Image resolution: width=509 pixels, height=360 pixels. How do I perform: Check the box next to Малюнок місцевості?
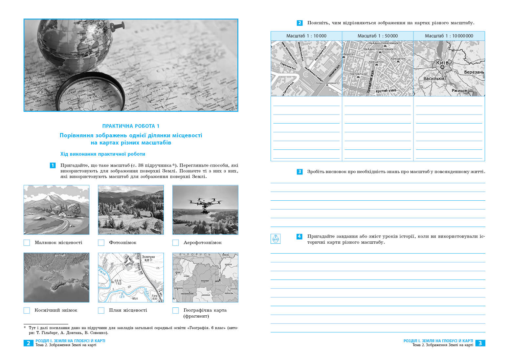[27, 243]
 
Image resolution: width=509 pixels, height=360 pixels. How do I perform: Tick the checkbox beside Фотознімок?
[101, 243]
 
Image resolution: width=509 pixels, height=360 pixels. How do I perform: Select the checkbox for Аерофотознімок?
[176, 243]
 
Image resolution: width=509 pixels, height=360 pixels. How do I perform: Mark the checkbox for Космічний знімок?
[27, 310]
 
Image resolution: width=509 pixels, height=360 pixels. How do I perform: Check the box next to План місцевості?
[101, 310]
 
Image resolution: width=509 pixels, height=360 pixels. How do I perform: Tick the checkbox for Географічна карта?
[176, 310]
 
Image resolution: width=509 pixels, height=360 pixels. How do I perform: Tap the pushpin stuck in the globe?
[115, 26]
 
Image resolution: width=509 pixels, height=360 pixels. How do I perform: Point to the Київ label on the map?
[442, 62]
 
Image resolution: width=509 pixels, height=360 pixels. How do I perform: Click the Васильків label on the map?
[434, 79]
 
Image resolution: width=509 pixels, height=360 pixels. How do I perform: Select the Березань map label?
[474, 72]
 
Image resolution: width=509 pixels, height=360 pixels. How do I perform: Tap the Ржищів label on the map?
[459, 91]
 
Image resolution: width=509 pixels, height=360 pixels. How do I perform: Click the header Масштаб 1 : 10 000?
[306, 36]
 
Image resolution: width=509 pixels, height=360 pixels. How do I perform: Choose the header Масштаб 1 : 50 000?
[377, 36]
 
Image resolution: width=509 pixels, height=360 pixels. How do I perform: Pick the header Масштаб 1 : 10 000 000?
[449, 36]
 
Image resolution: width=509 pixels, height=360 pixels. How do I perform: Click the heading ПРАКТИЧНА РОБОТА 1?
[131, 126]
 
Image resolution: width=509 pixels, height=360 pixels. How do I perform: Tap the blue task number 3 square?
[299, 171]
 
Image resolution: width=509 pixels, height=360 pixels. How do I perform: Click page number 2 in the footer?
[28, 343]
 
